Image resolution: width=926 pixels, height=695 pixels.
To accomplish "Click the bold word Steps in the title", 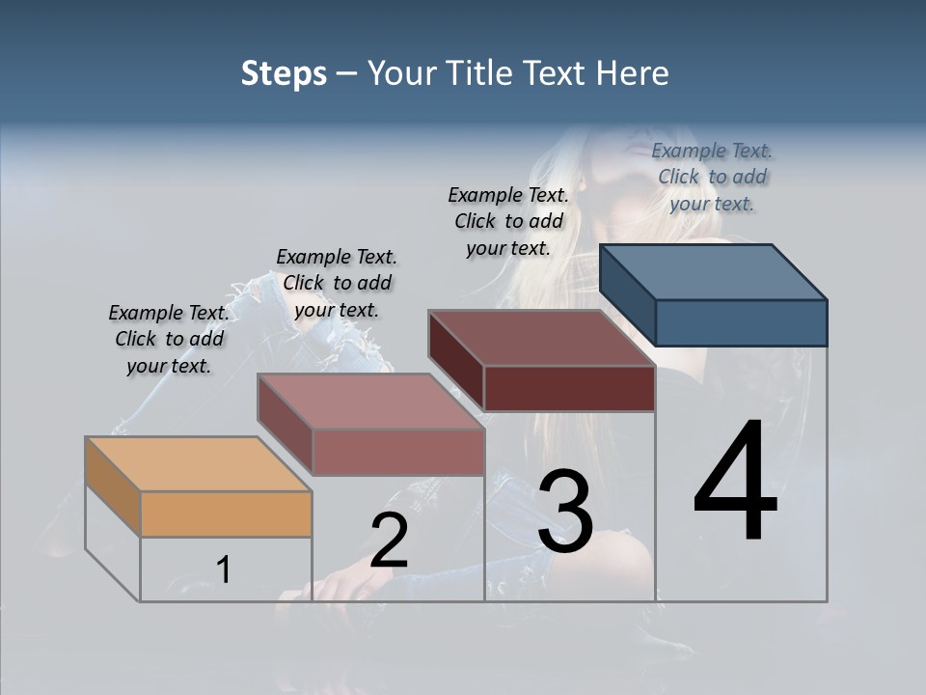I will [284, 73].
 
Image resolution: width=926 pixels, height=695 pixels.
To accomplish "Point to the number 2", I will [389, 541].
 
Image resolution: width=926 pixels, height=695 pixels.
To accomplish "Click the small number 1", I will [224, 570].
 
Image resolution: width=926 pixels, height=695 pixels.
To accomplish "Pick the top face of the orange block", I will [198, 463].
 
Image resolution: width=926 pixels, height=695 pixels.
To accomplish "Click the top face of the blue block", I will [714, 271].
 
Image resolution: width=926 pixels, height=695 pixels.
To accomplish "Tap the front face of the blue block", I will [741, 322].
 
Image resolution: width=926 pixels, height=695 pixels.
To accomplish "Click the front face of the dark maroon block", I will [569, 388].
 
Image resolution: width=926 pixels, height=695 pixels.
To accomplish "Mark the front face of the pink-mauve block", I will [398, 452].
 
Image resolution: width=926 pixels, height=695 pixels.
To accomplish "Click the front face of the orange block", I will [226, 514].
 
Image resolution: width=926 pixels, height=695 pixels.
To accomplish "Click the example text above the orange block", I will [170, 339].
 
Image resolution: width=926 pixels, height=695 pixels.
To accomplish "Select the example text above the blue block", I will [712, 177].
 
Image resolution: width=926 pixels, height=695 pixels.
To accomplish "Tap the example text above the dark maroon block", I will [508, 221].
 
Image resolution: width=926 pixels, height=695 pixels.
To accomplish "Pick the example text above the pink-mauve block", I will [337, 283].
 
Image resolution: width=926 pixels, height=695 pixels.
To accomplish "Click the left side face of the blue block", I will [627, 294].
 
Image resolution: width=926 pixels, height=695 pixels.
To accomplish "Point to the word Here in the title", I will [633, 73].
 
